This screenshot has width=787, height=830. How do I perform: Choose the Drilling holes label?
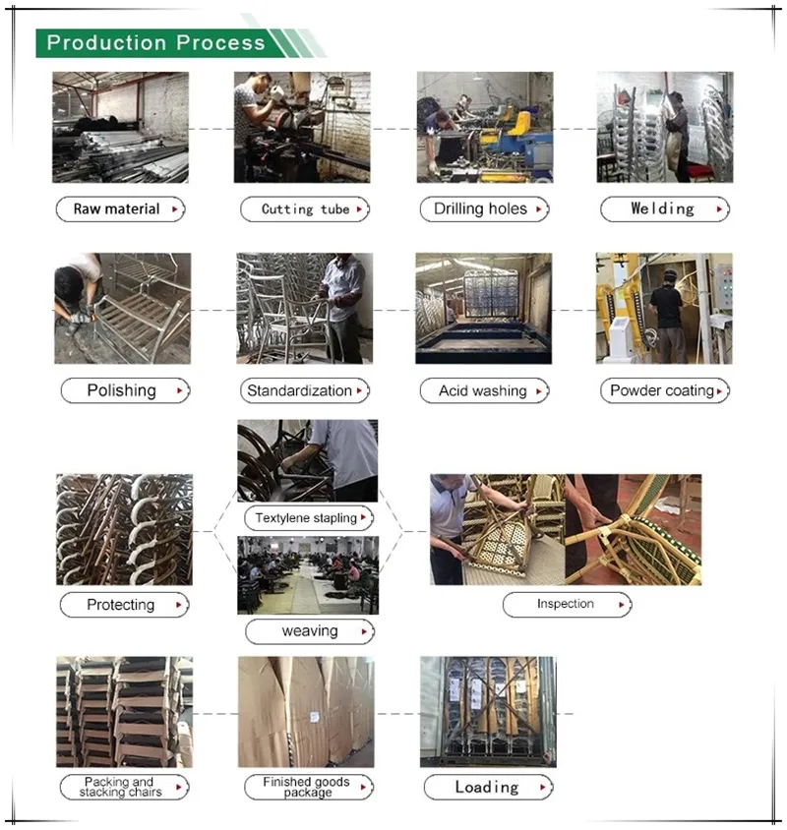(483, 209)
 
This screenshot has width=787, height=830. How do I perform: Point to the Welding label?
(664, 209)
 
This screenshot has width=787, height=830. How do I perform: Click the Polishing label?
(124, 390)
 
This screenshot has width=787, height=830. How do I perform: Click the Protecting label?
(124, 605)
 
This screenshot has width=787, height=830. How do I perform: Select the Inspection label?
(568, 604)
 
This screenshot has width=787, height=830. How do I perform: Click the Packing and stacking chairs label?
(123, 787)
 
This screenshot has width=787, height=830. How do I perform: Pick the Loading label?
(488, 787)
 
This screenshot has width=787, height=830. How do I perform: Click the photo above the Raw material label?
(120, 127)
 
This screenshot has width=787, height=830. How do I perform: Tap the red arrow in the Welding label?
(720, 209)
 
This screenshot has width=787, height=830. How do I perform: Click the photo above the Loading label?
(488, 712)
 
